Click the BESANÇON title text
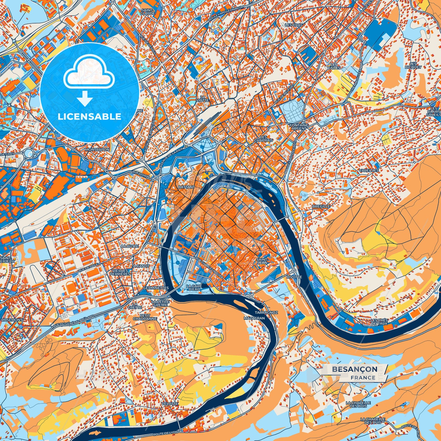[354, 369]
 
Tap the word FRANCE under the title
[363, 378]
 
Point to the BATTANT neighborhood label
[186, 187]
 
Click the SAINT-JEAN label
[262, 261]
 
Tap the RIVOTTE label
[294, 277]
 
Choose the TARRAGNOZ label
[266, 313]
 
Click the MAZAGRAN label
[254, 318]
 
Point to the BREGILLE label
[321, 206]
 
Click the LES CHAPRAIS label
[263, 139]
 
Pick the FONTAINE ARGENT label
[299, 127]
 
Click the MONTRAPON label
[97, 150]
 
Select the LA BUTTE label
[130, 246]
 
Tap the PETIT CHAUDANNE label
[145, 317]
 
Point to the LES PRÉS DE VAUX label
[379, 322]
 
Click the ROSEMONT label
[12, 320]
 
